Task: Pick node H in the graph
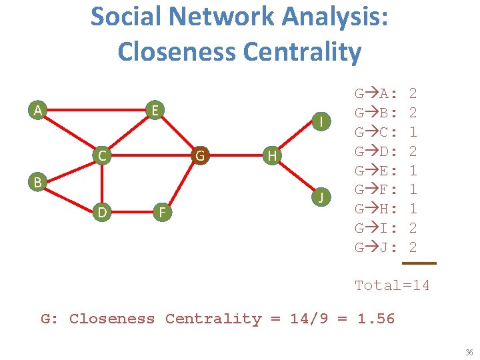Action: tap(271, 157)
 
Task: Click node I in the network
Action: tap(322, 121)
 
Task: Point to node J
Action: tap(322, 197)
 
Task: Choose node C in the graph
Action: tap(101, 157)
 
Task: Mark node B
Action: tap(39, 181)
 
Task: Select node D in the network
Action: tap(101, 213)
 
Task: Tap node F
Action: tap(160, 213)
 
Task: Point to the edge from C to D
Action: tap(101, 185)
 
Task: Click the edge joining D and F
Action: tap(131, 213)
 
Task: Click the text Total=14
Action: tap(392, 285)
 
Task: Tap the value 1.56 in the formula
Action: tap(376, 319)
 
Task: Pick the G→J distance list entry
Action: tap(386, 247)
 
